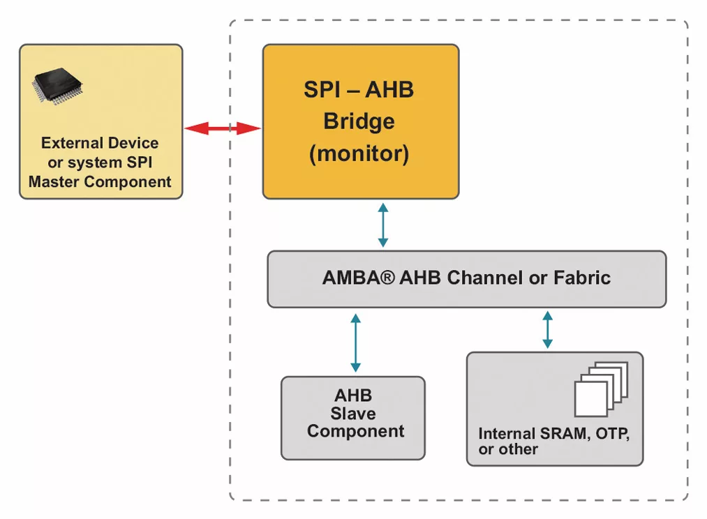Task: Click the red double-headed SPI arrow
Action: coord(222,128)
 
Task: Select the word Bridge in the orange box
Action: coord(359,121)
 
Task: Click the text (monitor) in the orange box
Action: coord(359,153)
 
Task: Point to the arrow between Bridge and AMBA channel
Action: coord(382,225)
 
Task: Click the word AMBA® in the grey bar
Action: coord(359,278)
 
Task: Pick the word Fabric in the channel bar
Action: coord(582,278)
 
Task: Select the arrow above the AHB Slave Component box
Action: coord(355,342)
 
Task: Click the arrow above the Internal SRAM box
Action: coord(547,329)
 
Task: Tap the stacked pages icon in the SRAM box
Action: coord(600,389)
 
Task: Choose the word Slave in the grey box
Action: coord(353,414)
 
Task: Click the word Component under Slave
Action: coord(355,431)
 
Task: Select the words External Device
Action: coord(100,143)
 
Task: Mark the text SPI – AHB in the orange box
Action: coord(359,90)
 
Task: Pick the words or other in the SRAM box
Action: coord(508,449)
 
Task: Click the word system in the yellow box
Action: coord(96,163)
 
